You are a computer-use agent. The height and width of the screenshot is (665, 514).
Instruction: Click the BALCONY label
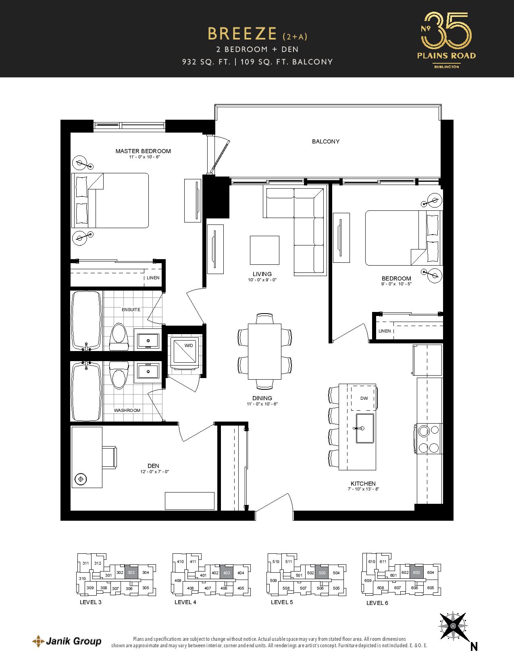[325, 141]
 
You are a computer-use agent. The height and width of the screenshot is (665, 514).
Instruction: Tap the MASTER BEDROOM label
[143, 151]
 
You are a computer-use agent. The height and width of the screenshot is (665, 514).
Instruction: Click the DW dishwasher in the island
[363, 398]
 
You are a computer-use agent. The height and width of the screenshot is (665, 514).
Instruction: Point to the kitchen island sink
[364, 428]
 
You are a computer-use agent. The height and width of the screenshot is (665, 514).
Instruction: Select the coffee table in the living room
[264, 250]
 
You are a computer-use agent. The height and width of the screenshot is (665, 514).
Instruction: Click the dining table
[264, 351]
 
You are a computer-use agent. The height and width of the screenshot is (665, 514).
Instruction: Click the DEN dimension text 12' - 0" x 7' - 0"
[154, 472]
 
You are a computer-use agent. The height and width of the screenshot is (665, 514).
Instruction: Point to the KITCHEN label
[363, 484]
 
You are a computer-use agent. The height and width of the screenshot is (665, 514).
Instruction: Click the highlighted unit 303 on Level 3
[131, 573]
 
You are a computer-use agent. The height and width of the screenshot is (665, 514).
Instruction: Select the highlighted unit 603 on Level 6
[416, 573]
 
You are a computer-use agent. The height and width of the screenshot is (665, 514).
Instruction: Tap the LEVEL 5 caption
[282, 602]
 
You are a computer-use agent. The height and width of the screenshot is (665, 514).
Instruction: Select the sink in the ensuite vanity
[148, 340]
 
